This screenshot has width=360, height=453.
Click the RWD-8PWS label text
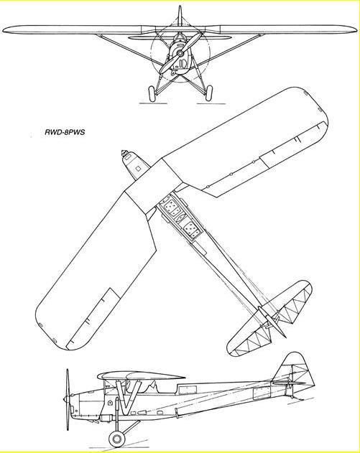click(x=65, y=133)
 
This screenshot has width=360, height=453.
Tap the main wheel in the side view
click(x=116, y=439)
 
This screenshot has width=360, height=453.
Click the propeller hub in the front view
click(x=180, y=53)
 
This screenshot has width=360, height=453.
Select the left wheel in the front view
click(x=152, y=93)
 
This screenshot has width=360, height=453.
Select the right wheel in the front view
click(x=208, y=93)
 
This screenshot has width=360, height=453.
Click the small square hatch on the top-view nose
click(x=139, y=168)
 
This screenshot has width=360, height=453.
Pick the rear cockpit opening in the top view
click(x=191, y=230)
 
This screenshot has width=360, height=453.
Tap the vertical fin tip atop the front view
click(x=180, y=14)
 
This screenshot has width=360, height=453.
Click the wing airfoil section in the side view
click(x=142, y=376)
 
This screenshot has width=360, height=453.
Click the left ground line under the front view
click(x=152, y=103)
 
